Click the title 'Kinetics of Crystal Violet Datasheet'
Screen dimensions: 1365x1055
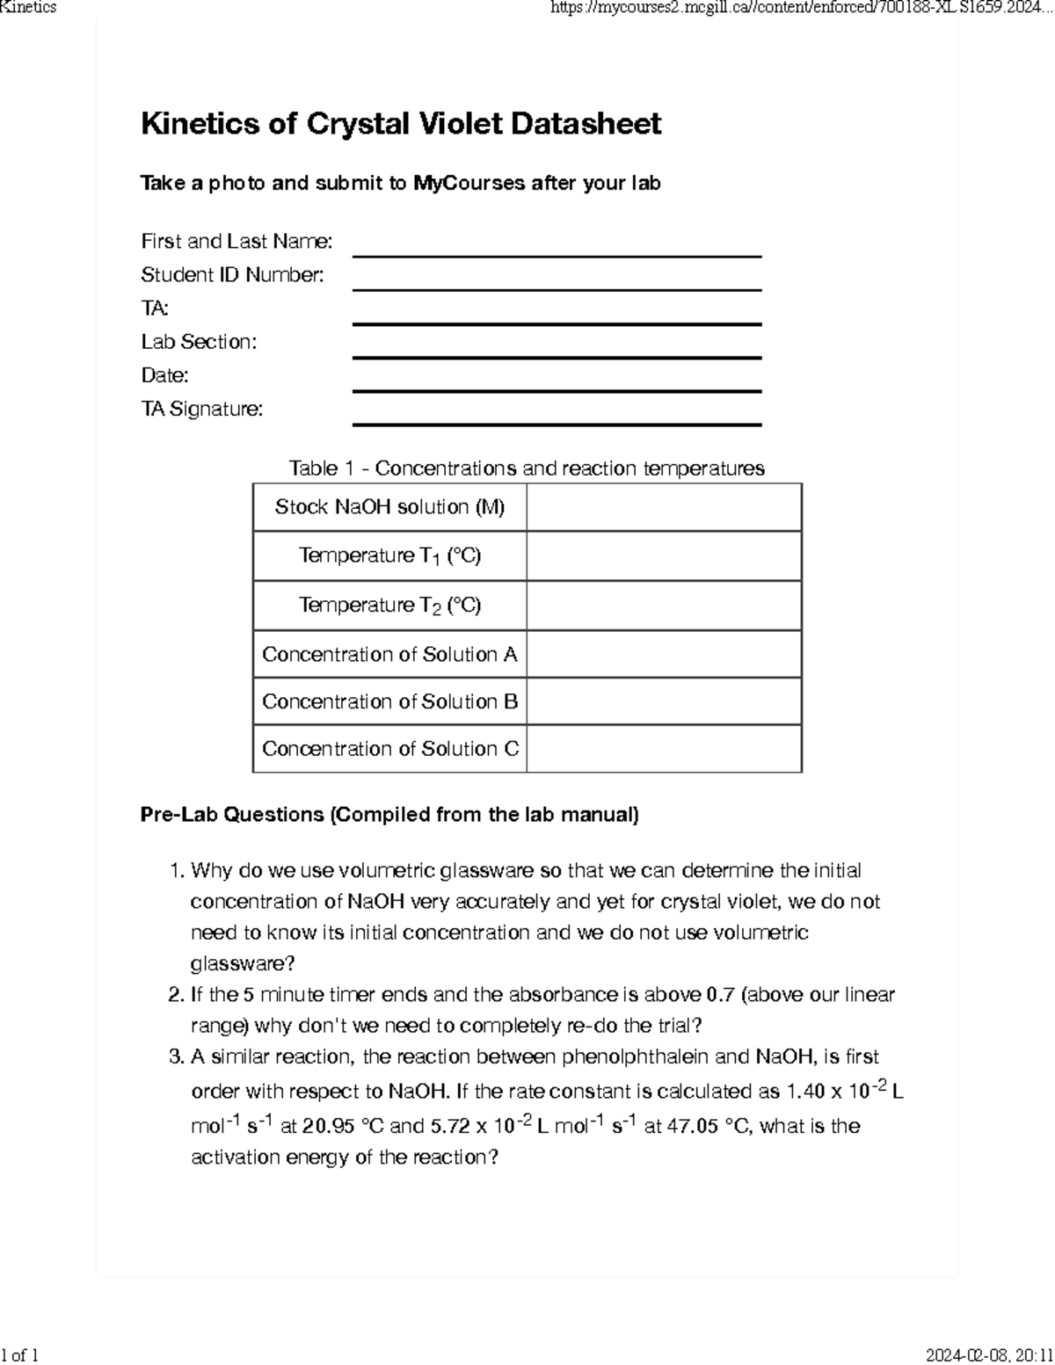[x=400, y=124]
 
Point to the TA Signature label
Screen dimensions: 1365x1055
[x=202, y=409]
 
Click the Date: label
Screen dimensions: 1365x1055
[x=164, y=375]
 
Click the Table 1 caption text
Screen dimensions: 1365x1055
[x=527, y=468]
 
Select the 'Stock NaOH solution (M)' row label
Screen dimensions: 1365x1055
[x=389, y=507]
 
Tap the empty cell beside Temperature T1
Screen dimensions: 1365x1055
[x=664, y=556]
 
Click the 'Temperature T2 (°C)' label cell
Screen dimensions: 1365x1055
[x=389, y=606]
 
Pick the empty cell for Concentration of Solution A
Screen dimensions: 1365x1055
[x=664, y=655]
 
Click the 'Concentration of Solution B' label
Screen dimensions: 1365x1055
[x=389, y=702]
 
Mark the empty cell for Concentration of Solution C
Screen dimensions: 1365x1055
[x=664, y=749]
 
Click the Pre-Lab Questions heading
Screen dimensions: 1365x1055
[x=389, y=815]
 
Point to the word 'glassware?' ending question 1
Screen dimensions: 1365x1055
[x=243, y=963]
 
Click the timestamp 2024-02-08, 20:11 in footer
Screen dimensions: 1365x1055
[x=989, y=1354]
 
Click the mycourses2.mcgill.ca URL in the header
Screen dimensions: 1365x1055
[x=801, y=8]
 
